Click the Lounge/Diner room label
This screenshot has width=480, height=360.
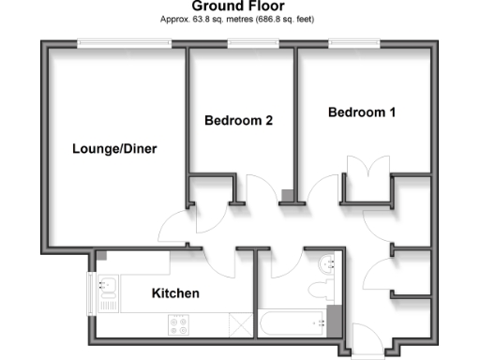point(114,148)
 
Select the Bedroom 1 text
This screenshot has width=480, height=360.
point(362,112)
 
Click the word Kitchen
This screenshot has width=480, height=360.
point(175,293)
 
